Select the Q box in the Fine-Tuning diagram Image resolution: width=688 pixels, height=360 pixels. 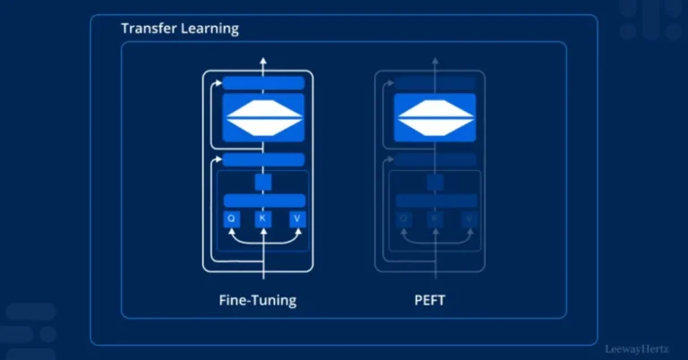pyautogui.click(x=231, y=219)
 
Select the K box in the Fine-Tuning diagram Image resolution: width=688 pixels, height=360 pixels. pyautogui.click(x=263, y=219)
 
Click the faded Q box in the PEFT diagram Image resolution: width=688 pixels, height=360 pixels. pyautogui.click(x=403, y=219)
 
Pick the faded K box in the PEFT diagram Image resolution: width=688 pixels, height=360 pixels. pyautogui.click(x=435, y=219)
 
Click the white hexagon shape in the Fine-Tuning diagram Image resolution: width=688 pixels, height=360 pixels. pyautogui.click(x=263, y=117)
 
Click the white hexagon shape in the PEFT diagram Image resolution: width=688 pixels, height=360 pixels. pyautogui.click(x=435, y=117)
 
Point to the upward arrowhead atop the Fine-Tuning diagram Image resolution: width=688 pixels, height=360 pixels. pyautogui.click(x=263, y=62)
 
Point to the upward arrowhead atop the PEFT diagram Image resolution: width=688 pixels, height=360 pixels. pyautogui.click(x=435, y=62)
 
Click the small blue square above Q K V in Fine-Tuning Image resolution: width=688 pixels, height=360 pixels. pyautogui.click(x=263, y=182)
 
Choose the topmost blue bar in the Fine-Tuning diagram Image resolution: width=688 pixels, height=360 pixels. pyautogui.click(x=263, y=83)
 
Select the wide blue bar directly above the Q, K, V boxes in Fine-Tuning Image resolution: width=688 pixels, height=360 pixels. pyautogui.click(x=263, y=200)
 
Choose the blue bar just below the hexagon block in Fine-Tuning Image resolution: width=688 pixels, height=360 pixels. pyautogui.click(x=263, y=160)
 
